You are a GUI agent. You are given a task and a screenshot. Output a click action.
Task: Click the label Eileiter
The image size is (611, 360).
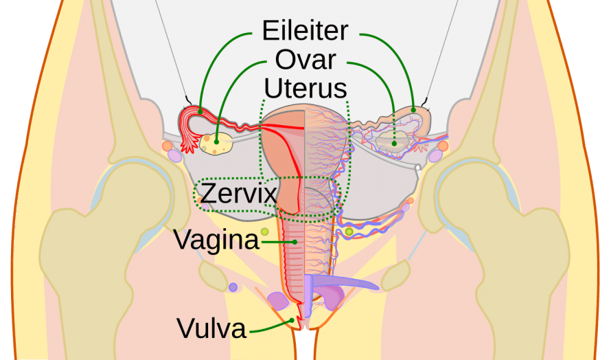coord(305,30)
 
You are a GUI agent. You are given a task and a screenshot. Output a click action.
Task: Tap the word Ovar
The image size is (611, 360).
coord(305,60)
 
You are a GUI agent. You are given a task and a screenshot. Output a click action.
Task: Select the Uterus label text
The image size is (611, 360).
coord(305,88)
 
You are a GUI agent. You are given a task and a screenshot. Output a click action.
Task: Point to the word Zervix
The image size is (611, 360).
coord(238,192)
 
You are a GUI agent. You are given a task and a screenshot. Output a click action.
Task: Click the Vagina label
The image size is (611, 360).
coord(216,240)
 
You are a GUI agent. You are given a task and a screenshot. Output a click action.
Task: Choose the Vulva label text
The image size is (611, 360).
coord(211,328)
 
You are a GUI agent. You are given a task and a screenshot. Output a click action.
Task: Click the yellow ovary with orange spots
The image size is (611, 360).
coord(216,144)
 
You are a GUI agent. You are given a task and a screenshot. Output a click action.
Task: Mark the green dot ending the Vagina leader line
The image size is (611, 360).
coord(295,243)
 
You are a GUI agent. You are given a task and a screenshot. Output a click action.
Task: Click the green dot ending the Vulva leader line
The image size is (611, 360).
coord(292,321)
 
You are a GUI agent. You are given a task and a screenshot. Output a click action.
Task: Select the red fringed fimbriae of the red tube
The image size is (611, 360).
coord(189,142)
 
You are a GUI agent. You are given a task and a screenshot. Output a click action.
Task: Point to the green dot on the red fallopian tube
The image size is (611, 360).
coord(200,112)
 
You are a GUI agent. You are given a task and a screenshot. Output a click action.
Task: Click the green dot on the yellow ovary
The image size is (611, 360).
coord(217,142)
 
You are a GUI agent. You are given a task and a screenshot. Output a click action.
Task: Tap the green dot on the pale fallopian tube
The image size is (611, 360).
coord(413,111)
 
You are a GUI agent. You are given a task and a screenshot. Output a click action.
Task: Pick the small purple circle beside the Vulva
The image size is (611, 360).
coord(233,287)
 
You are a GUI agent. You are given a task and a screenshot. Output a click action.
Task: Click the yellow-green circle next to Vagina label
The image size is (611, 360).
coord(265,232)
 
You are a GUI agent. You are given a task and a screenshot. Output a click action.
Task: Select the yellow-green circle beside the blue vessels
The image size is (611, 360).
coord(349,232)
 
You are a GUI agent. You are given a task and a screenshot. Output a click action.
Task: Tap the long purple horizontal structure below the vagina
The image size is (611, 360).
coord(343,282)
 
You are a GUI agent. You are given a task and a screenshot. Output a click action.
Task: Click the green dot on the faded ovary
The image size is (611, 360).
coord(394,144)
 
